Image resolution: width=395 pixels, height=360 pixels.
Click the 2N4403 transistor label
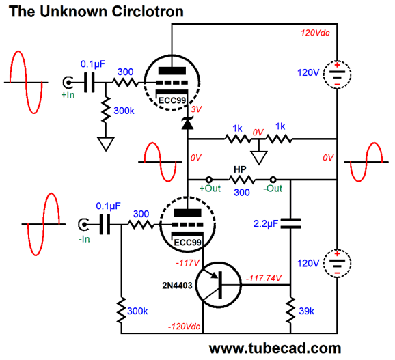177,286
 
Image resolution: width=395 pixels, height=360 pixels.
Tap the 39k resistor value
306,311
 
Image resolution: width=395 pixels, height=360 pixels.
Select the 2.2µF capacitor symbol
290,223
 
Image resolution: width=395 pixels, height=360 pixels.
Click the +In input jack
68,83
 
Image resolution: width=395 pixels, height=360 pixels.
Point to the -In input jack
83,224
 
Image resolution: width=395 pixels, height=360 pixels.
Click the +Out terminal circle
209,180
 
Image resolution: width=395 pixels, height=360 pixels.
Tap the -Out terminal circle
273,180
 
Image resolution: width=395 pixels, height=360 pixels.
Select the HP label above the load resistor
240,169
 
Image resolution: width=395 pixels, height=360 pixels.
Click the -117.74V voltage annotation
264,278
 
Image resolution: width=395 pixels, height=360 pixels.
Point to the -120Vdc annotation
184,327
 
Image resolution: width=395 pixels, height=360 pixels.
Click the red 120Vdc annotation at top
315,33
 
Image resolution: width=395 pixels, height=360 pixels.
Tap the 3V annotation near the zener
196,109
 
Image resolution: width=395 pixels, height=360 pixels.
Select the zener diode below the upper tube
187,123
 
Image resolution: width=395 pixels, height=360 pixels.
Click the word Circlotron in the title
148,12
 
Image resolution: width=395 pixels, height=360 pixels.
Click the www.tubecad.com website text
275,348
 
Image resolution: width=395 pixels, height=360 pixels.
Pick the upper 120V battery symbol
337,74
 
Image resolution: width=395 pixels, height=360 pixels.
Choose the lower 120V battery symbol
337,264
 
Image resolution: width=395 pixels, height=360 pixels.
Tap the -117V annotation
188,263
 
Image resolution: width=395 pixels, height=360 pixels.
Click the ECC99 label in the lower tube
187,243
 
